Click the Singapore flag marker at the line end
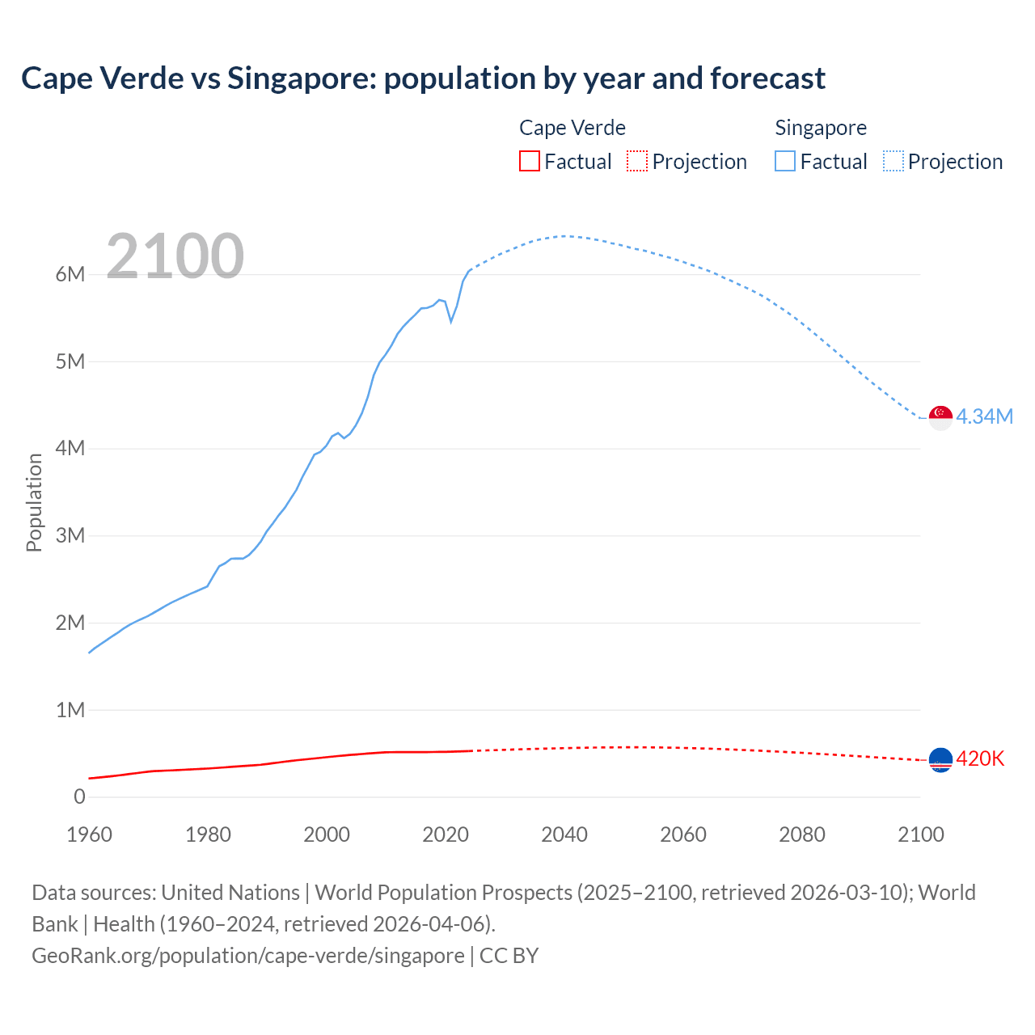(940, 417)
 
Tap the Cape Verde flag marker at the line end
(940, 759)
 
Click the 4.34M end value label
(984, 416)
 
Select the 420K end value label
(980, 758)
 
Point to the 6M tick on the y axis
(70, 274)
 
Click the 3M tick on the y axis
(70, 535)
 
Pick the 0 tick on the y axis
(79, 796)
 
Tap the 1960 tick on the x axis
(89, 834)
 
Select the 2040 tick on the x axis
(564, 834)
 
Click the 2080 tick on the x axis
(802, 834)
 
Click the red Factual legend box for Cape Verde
(529, 161)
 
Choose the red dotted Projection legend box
(637, 161)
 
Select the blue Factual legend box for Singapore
(785, 161)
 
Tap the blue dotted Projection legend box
(893, 161)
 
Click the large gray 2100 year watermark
(175, 256)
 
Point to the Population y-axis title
(34, 502)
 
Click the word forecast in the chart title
(767, 78)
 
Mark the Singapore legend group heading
(820, 128)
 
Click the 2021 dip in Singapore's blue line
(451, 321)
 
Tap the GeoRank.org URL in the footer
(248, 955)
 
